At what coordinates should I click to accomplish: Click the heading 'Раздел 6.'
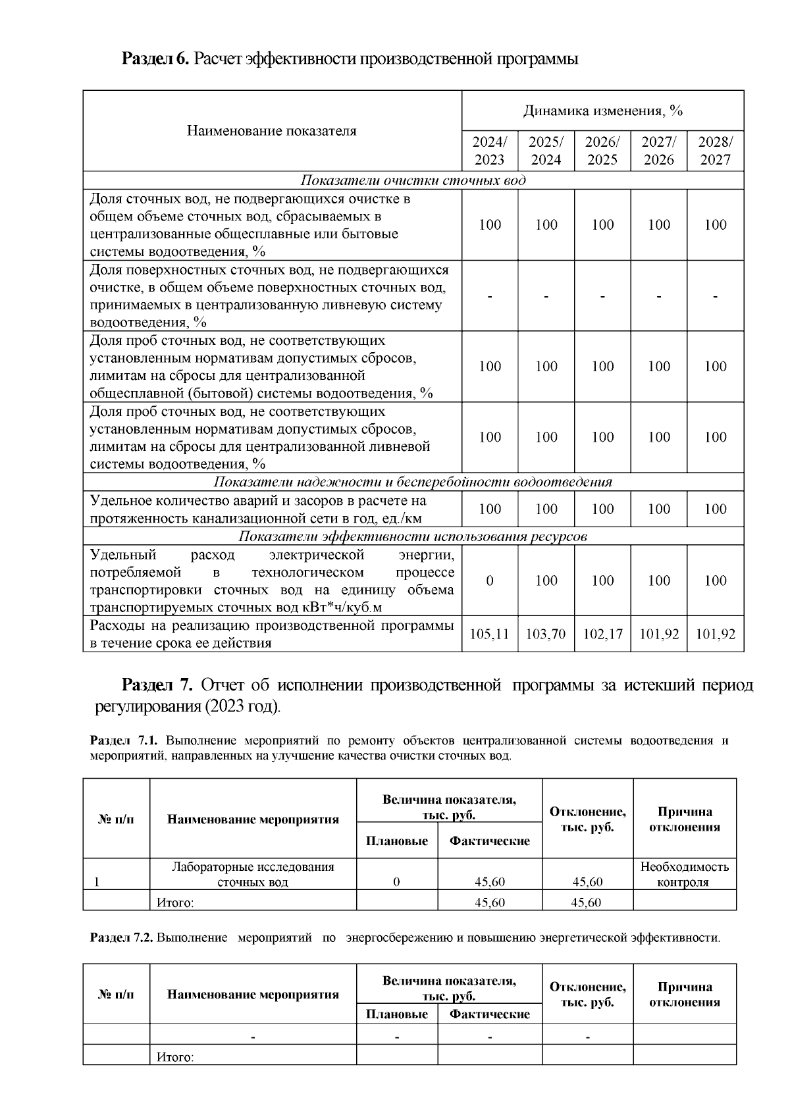point(155,59)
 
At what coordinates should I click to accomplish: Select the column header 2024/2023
point(489,151)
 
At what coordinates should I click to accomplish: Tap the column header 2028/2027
point(715,151)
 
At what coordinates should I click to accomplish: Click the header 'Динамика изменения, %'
point(602,111)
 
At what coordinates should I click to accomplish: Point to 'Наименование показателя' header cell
point(272,130)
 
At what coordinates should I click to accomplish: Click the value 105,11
point(489,634)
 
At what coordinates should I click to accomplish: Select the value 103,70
point(546,634)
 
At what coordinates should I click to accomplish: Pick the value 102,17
point(602,634)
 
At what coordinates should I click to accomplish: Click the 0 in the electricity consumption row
point(489,581)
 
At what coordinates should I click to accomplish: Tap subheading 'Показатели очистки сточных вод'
point(413,180)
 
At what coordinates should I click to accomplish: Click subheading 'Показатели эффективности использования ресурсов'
point(413,536)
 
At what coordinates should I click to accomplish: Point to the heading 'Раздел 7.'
point(157,685)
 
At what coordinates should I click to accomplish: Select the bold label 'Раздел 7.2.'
point(121,938)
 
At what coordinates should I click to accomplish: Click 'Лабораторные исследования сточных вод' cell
point(253,874)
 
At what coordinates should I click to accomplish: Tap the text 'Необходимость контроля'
point(684,874)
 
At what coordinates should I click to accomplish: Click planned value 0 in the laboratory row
point(396,882)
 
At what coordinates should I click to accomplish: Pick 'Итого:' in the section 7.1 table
point(175,902)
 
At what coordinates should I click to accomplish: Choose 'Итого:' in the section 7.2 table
point(175,1057)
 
